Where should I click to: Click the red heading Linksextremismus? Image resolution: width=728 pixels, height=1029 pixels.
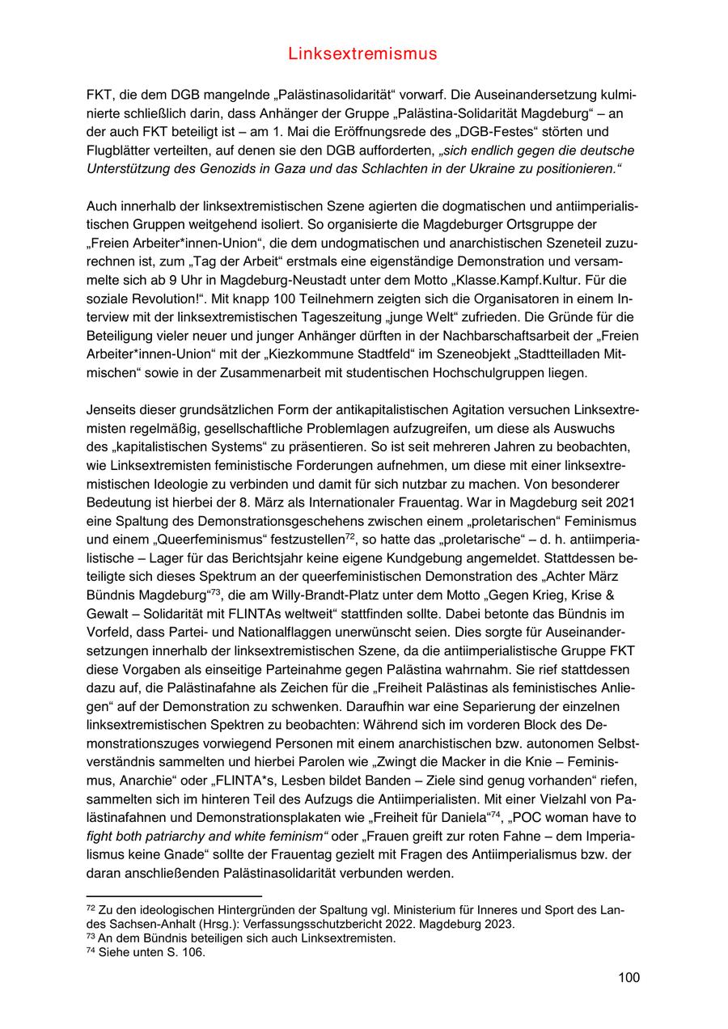(x=362, y=54)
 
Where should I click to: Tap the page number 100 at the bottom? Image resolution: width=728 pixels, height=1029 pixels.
(x=629, y=977)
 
